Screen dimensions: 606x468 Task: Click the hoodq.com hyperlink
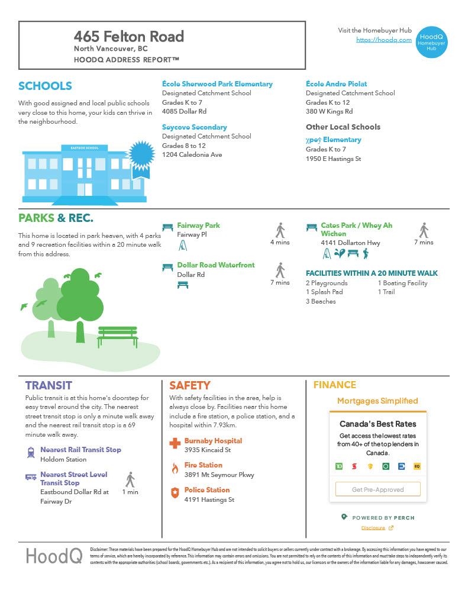(383, 40)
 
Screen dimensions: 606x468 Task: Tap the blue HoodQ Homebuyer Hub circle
(431, 41)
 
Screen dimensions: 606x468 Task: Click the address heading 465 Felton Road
(129, 37)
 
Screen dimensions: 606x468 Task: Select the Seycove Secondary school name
(194, 127)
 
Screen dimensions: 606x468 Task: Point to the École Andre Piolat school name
(336, 84)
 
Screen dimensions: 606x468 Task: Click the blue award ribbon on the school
(141, 154)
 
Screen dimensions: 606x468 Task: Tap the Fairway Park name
(198, 225)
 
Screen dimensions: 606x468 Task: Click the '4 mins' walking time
(280, 242)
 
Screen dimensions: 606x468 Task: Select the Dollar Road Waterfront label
(215, 265)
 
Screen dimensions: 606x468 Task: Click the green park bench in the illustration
(118, 336)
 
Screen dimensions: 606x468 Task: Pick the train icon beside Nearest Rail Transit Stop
(31, 453)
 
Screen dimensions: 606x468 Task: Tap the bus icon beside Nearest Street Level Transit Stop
(31, 477)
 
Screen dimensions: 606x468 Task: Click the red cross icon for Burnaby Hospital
(175, 443)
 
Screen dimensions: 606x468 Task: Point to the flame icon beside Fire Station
(175, 469)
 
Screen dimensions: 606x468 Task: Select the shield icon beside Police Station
(175, 493)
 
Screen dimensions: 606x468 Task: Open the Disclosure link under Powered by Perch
(373, 528)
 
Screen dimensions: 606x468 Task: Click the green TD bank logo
(339, 466)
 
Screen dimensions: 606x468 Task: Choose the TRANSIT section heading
(49, 385)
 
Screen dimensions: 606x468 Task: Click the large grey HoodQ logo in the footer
(54, 556)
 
